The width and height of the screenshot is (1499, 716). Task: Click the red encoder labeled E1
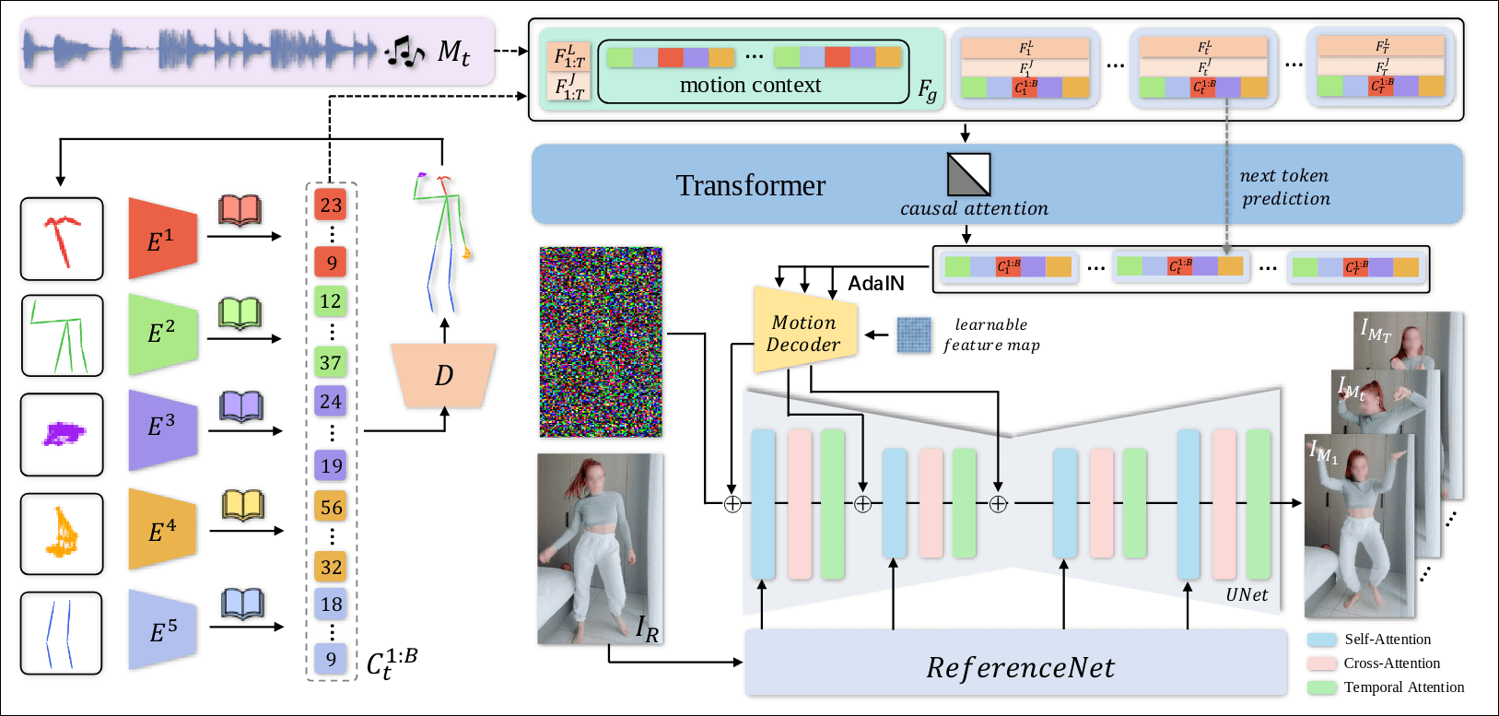[x=162, y=239]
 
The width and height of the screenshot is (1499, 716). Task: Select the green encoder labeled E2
[x=162, y=334]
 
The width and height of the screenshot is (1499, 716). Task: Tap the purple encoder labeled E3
[x=162, y=428]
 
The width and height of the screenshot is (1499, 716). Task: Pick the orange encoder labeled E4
[x=162, y=529]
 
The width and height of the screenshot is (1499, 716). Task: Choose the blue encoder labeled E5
[x=162, y=629]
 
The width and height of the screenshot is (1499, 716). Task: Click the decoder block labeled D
[x=444, y=375]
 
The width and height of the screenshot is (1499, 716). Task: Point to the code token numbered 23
[x=331, y=205]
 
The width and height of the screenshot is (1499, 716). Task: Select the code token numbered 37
[x=331, y=362]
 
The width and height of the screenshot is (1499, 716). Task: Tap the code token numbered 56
[x=331, y=507]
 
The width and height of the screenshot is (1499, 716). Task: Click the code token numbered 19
[x=331, y=465]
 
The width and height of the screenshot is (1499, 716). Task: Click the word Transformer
[x=750, y=185]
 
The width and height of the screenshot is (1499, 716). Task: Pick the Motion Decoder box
[x=804, y=333]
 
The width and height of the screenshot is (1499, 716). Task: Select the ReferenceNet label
[x=1020, y=667]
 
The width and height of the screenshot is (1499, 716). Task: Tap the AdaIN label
[x=875, y=283]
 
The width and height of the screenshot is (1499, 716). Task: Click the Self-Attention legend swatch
[x=1322, y=640]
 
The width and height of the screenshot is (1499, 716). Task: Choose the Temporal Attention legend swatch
[x=1322, y=687]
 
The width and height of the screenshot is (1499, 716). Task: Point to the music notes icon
[x=404, y=53]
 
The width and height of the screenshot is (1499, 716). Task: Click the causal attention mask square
[x=968, y=174]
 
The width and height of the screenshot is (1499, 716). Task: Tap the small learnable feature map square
[x=914, y=335]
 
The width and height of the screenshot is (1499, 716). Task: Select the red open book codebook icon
[x=240, y=211]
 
